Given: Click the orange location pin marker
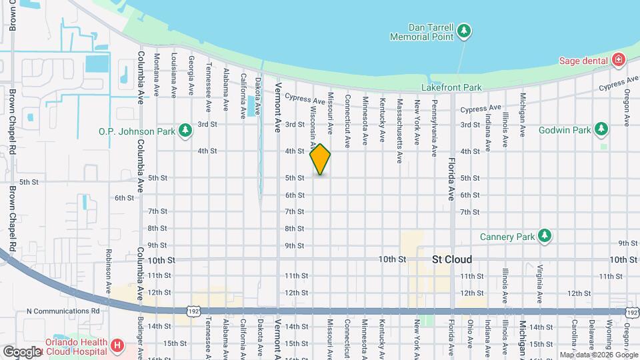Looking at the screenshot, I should tap(320, 159).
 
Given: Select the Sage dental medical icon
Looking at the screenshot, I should tap(619, 61).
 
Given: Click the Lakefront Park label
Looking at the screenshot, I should tap(451, 87).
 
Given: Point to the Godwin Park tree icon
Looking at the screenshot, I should tap(601, 128).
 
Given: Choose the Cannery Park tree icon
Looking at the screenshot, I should tap(545, 236).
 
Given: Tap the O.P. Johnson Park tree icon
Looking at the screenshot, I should tap(185, 131).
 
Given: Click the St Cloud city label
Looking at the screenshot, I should tap(452, 259).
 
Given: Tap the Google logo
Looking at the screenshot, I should tap(22, 351).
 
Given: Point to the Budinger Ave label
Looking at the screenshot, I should tap(141, 340).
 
